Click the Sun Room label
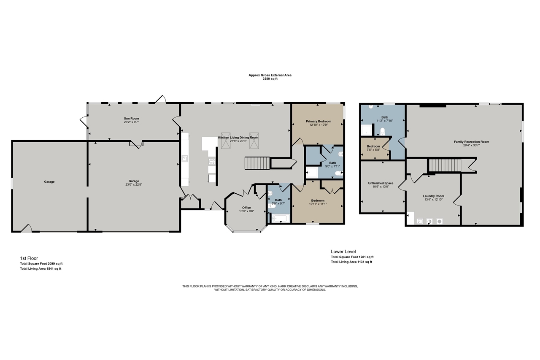[x=132, y=119]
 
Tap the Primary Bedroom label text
[x=319, y=121]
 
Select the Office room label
[x=247, y=208]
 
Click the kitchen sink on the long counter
[x=185, y=159]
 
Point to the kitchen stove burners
[x=212, y=161]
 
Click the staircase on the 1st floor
[x=257, y=162]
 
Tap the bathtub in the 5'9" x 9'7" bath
[x=279, y=218]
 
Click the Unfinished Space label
[x=381, y=183]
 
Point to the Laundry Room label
[x=433, y=196]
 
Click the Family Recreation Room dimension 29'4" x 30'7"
[x=471, y=145]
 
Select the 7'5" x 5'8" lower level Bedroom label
[x=373, y=146]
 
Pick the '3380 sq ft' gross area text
[x=270, y=78]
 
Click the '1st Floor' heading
[x=29, y=258]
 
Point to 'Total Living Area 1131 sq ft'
[x=351, y=262]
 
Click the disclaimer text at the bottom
[x=270, y=288]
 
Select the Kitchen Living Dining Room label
[x=238, y=138]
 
